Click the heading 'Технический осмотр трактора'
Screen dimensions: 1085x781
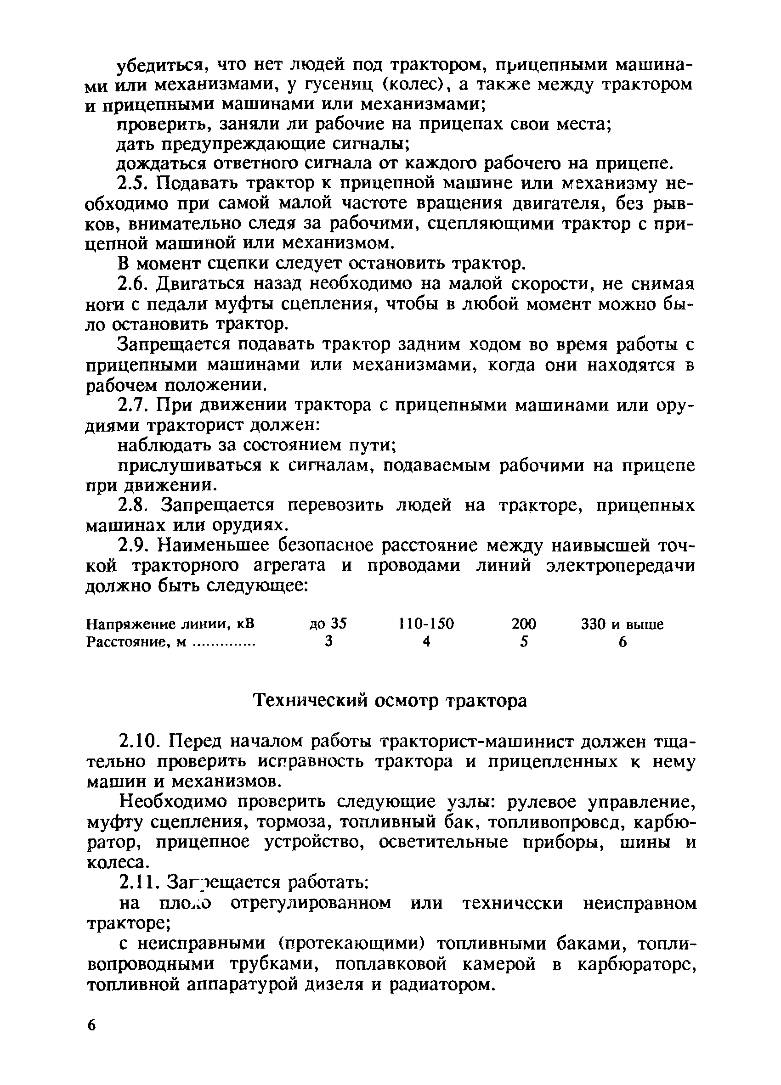click(390, 701)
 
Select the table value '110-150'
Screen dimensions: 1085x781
click(425, 624)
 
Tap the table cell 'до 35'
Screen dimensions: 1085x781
click(328, 624)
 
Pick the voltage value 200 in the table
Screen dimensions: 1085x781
click(524, 624)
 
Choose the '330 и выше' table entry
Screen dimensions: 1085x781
click(622, 624)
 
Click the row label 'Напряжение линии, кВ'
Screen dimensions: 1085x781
click(170, 624)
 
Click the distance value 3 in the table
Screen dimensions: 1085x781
click(328, 642)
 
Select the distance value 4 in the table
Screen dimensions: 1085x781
click(426, 642)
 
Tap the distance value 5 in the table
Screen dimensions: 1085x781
click(525, 642)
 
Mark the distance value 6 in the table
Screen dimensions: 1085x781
click(623, 642)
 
